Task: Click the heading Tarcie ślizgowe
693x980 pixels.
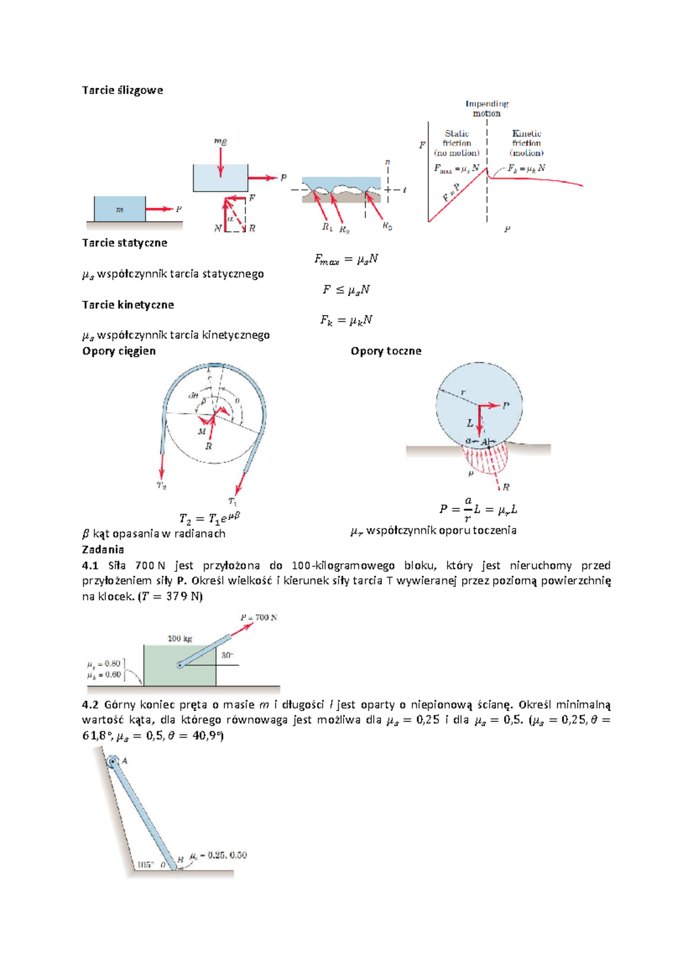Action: point(122,90)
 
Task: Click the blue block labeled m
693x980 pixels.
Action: point(120,209)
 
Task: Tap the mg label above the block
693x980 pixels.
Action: point(220,141)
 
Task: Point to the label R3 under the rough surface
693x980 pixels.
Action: point(387,227)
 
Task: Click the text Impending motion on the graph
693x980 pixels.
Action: point(487,109)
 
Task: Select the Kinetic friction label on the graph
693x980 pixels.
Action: point(526,143)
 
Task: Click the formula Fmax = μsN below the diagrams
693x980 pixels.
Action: point(346,260)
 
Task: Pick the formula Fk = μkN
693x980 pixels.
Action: point(346,320)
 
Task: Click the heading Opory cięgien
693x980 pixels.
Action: point(119,351)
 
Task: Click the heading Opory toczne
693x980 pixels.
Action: point(386,351)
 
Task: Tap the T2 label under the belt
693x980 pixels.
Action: point(162,485)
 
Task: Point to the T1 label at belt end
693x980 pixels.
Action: point(232,502)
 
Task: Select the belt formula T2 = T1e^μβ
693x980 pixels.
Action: point(209,518)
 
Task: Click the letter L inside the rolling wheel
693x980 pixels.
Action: point(470,423)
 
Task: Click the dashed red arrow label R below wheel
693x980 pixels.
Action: point(506,487)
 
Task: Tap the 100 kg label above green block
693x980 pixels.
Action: point(180,638)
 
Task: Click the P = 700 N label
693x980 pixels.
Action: point(259,618)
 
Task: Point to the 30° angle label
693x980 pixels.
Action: point(228,655)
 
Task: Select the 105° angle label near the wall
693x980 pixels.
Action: point(144,865)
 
